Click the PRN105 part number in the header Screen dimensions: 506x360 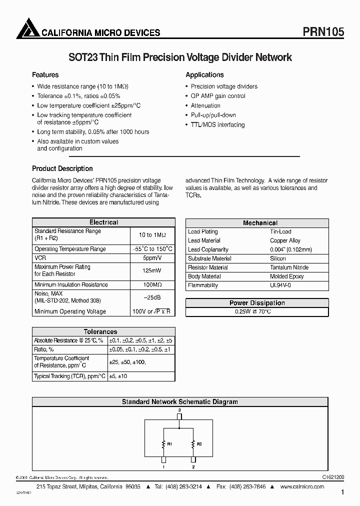323,31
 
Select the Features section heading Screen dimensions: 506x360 45,75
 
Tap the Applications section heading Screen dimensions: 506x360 204,75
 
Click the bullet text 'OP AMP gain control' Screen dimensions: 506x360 218,96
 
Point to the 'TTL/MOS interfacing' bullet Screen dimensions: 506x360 217,125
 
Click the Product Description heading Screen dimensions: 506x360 62,168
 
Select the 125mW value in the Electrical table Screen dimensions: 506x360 152,270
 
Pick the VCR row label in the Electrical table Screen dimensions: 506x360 40,258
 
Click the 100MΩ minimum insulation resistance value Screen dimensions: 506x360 152,285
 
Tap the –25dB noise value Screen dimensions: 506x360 152,297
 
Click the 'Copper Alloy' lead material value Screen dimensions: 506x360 285,240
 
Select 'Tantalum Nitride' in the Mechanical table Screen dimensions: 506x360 289,267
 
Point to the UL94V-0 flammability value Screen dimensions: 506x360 280,285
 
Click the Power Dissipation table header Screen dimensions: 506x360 257,303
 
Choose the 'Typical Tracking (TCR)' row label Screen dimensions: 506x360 69,376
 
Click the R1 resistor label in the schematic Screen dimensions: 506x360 169,443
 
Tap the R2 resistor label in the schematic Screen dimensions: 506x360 198,443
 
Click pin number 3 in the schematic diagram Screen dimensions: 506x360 179,409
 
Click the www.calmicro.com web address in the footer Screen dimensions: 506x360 302,486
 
